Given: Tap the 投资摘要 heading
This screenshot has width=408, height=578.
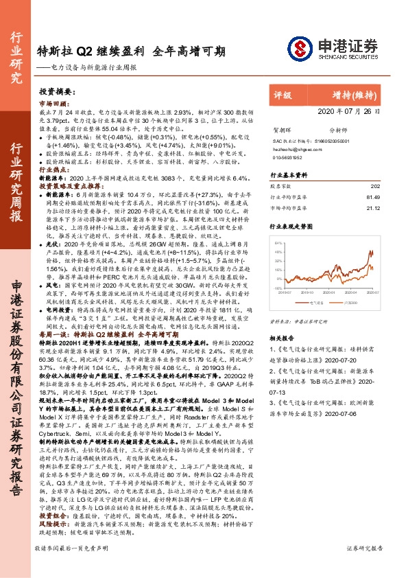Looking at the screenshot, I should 56,91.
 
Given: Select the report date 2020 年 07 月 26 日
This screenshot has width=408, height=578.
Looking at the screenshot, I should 349,111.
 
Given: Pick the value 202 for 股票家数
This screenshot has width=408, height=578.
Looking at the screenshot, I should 374,187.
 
